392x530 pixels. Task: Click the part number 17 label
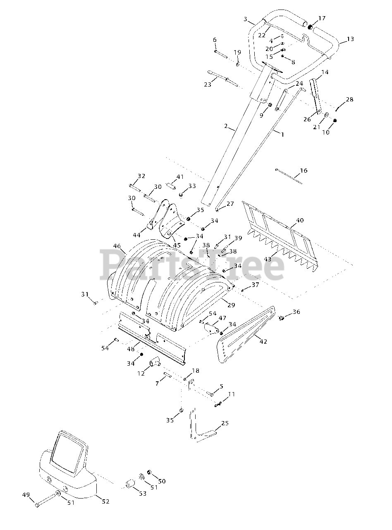click(322, 18)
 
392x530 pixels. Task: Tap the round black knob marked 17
click(311, 26)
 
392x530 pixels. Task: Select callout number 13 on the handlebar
click(350, 39)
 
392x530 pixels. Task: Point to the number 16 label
click(304, 171)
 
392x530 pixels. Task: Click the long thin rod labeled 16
click(289, 175)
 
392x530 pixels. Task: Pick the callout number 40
click(300, 220)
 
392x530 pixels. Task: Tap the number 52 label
click(105, 501)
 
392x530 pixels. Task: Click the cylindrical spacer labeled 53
click(130, 484)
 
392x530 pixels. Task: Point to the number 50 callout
click(161, 481)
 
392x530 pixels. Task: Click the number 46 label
click(117, 246)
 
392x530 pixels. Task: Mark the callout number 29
click(231, 305)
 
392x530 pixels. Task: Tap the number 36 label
click(296, 312)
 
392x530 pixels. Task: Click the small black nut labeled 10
click(335, 120)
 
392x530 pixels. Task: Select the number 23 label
click(208, 84)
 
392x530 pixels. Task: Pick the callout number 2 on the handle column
click(226, 126)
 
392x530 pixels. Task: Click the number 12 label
click(141, 373)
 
